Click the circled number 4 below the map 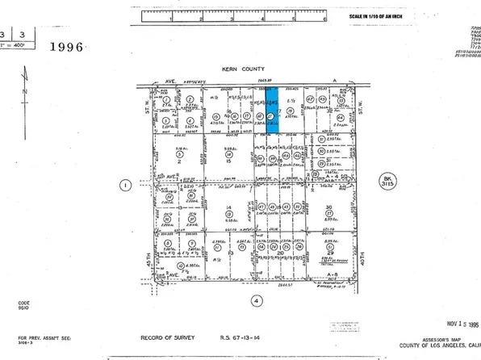click(x=257, y=300)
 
